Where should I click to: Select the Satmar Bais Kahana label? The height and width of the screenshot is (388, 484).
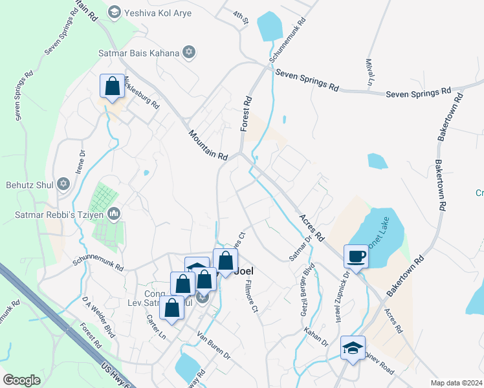tap(138, 52)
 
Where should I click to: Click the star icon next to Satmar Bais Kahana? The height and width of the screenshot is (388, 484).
tap(189, 52)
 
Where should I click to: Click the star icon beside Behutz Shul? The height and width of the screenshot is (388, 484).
tap(63, 184)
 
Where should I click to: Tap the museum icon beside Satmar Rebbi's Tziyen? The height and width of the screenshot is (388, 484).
tap(114, 213)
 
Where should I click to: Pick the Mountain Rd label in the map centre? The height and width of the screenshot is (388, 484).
tap(209, 145)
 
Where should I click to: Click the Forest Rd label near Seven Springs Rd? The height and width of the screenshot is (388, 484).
tap(246, 114)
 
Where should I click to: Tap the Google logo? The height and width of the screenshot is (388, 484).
tap(21, 380)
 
